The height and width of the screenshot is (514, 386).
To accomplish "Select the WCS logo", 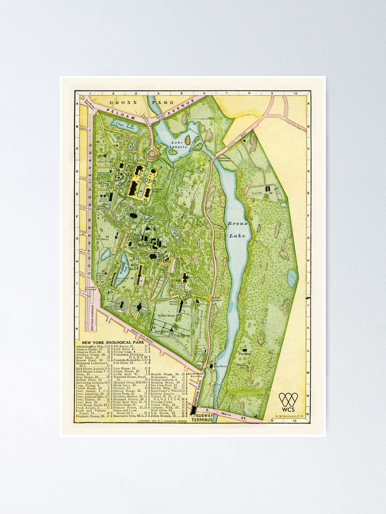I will [x=288, y=400].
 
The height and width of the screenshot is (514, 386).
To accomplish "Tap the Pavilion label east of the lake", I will [x=244, y=354].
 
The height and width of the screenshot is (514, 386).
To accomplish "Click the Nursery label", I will [x=257, y=194].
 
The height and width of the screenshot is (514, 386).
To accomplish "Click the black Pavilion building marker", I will [x=242, y=350].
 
